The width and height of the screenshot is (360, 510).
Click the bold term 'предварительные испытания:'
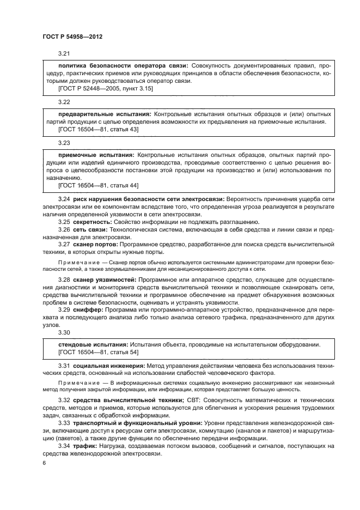coord(105,115)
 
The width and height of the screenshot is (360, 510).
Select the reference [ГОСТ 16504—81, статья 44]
coord(98,186)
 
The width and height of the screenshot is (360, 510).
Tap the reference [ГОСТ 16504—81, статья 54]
coord(98,353)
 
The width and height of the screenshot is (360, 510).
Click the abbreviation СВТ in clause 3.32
coord(193,400)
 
